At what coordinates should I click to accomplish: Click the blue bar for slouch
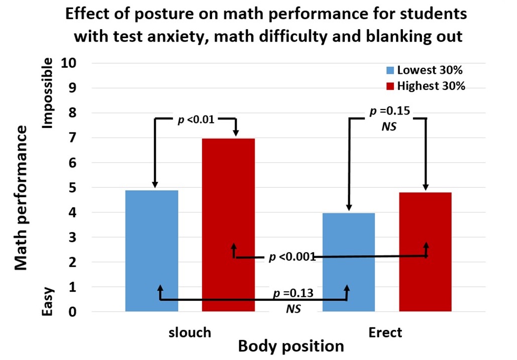(x=151, y=251)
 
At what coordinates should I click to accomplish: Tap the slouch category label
(x=189, y=333)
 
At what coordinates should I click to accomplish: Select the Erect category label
(x=385, y=333)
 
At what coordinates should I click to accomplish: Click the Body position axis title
(x=291, y=347)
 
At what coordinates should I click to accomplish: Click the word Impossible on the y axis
(x=48, y=93)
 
